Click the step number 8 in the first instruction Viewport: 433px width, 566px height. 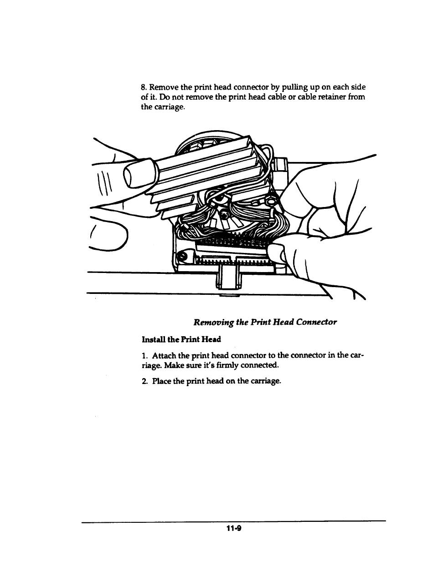tap(143, 87)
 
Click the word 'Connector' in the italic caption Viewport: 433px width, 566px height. tap(316, 322)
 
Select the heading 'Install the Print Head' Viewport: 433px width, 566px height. tap(181, 339)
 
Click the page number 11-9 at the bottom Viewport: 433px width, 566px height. tap(233, 528)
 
